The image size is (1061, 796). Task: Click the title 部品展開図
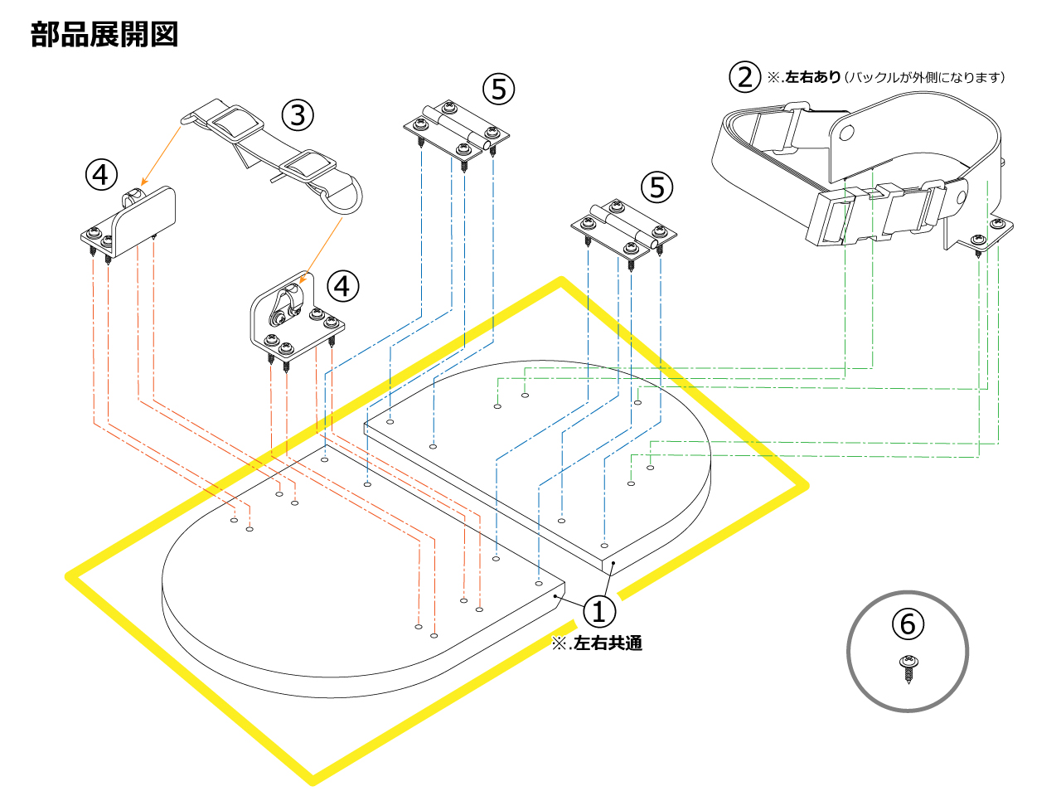(x=104, y=35)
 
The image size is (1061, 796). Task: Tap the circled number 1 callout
(x=599, y=611)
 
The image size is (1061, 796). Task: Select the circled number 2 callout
(x=744, y=77)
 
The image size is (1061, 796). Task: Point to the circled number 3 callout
(x=298, y=114)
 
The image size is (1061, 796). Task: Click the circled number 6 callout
(x=908, y=623)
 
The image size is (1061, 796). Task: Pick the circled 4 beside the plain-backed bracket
(x=101, y=175)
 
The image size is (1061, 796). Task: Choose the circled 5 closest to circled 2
(x=657, y=187)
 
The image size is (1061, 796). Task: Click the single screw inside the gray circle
(x=909, y=667)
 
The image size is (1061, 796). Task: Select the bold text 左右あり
(x=812, y=77)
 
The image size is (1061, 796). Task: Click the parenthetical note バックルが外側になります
(x=923, y=77)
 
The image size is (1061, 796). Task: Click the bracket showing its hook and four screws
(x=294, y=319)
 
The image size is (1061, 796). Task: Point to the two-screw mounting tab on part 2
(x=991, y=233)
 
